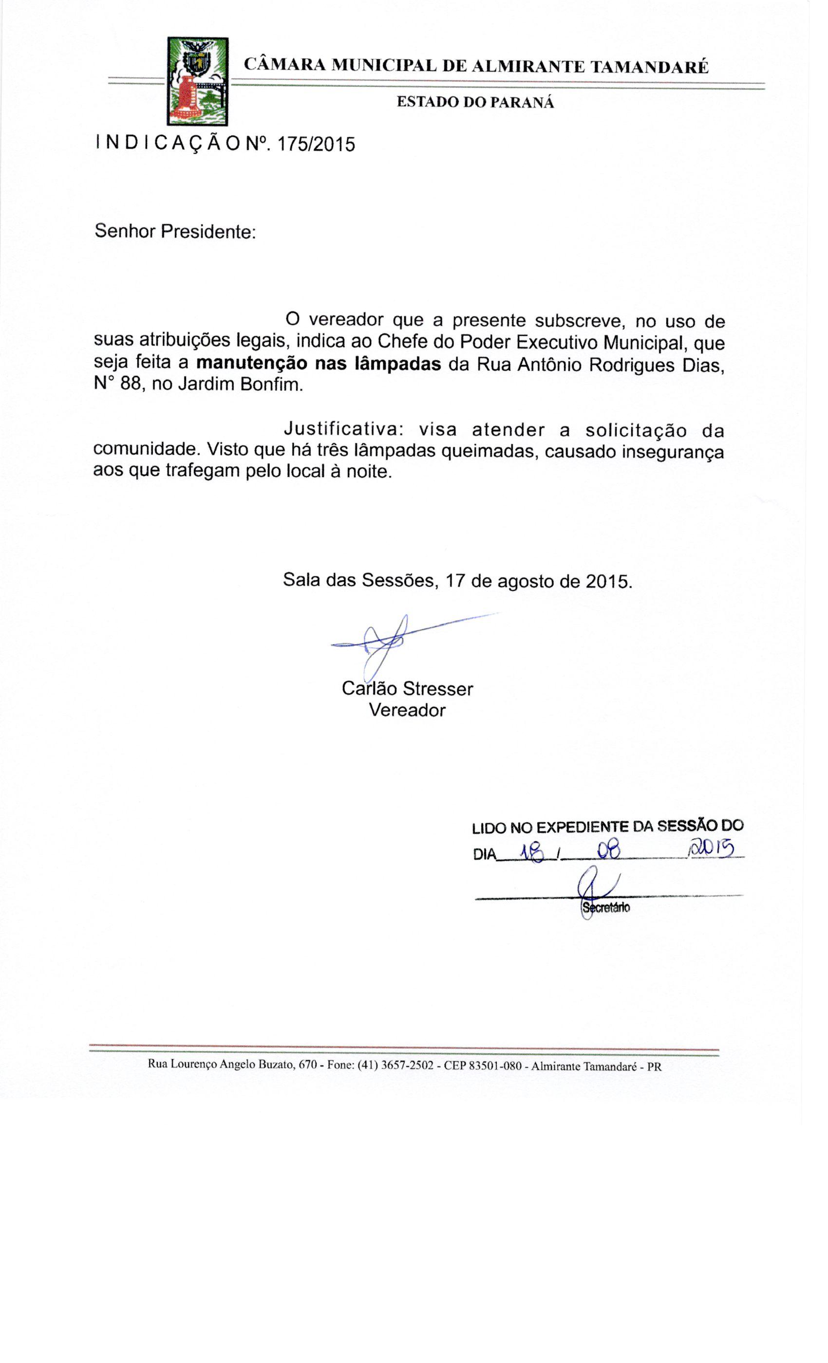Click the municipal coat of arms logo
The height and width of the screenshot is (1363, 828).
[x=198, y=81]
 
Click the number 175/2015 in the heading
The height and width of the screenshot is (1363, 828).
[x=316, y=145]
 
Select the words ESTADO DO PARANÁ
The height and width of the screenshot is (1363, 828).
[x=475, y=102]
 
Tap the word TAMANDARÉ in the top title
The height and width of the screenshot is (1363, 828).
[x=649, y=67]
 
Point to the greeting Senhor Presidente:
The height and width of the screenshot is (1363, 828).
[x=175, y=231]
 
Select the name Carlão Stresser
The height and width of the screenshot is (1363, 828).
[x=407, y=688]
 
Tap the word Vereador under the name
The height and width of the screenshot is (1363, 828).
[x=407, y=710]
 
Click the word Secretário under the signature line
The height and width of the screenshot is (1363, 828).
[x=605, y=908]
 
